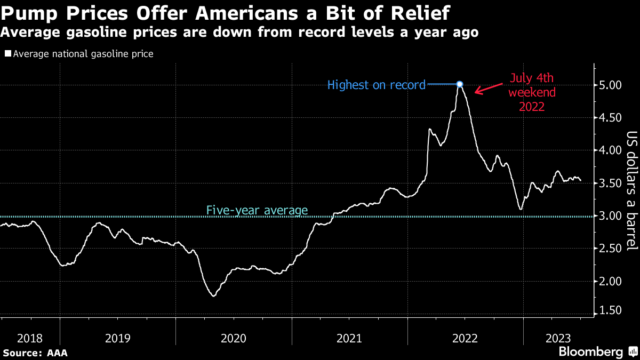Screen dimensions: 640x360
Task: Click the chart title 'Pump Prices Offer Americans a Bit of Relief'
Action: (225, 13)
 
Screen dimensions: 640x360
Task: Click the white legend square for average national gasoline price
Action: (8, 53)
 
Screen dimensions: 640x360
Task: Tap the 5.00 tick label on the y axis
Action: (610, 85)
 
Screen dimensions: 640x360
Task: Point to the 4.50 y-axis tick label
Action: (610, 118)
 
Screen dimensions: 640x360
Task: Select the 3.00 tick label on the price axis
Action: (610, 216)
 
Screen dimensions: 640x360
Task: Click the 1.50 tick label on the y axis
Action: (610, 310)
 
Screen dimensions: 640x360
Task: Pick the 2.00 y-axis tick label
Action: (610, 282)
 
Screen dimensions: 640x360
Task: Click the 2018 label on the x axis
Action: (30, 339)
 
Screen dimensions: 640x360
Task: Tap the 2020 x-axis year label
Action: (234, 339)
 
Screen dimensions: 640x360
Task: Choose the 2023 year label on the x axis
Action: (558, 339)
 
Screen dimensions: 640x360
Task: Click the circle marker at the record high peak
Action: (459, 84)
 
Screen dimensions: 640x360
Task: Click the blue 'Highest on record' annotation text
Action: (377, 85)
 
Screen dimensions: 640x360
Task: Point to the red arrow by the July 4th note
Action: (489, 89)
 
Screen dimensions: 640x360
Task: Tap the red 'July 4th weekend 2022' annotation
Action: (532, 92)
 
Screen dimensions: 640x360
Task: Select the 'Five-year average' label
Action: (257, 210)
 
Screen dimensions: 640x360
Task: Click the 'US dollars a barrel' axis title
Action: (631, 191)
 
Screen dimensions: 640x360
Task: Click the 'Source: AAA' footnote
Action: (35, 353)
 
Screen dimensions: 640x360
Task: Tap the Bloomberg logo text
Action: (591, 351)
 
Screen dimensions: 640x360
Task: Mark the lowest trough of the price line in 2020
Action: (214, 296)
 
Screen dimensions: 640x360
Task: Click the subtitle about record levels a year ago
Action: (239, 32)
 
